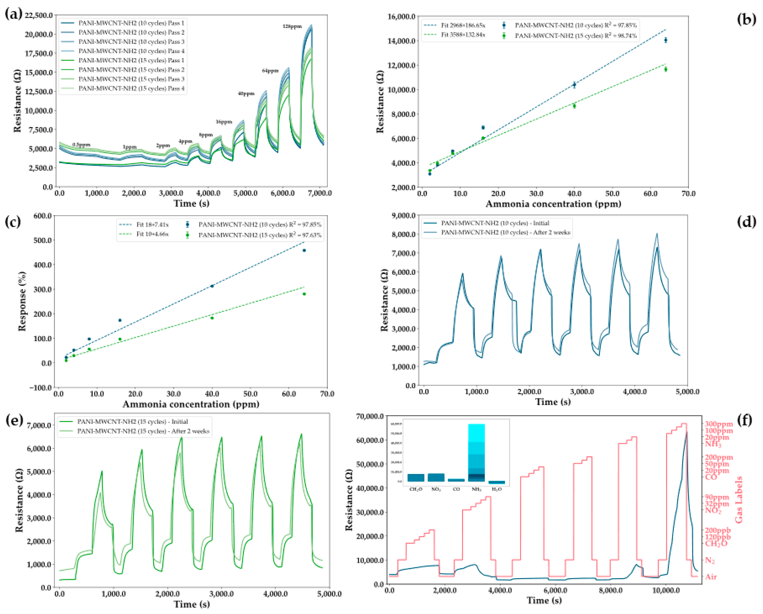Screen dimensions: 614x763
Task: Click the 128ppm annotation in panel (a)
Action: coord(292,27)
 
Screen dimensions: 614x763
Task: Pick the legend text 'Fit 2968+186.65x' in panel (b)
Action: coord(463,25)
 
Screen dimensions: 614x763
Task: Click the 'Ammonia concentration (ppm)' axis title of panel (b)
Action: coord(553,204)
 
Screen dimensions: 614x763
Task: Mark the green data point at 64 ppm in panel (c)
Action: coord(304,294)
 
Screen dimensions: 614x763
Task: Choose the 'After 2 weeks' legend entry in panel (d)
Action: coord(505,233)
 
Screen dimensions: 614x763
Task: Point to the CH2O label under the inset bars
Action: coord(416,489)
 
